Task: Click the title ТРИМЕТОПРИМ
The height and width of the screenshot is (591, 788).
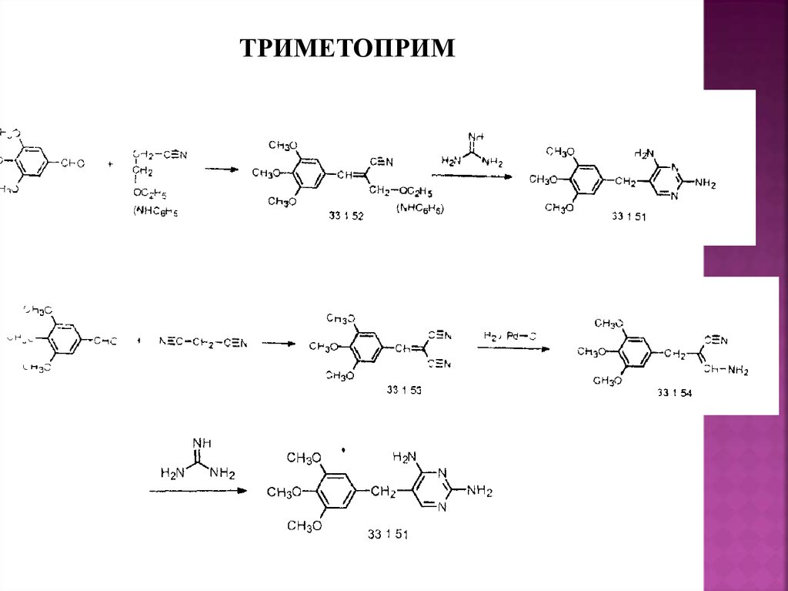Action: (x=348, y=49)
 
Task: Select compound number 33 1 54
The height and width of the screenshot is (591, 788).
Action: (x=674, y=393)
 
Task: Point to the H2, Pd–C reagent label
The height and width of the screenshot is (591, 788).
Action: (x=510, y=336)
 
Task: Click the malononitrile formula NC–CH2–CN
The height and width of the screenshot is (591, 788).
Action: (x=204, y=342)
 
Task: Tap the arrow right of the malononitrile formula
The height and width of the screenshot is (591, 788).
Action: (x=279, y=343)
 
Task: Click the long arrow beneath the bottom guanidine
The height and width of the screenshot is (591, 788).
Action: (x=197, y=490)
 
